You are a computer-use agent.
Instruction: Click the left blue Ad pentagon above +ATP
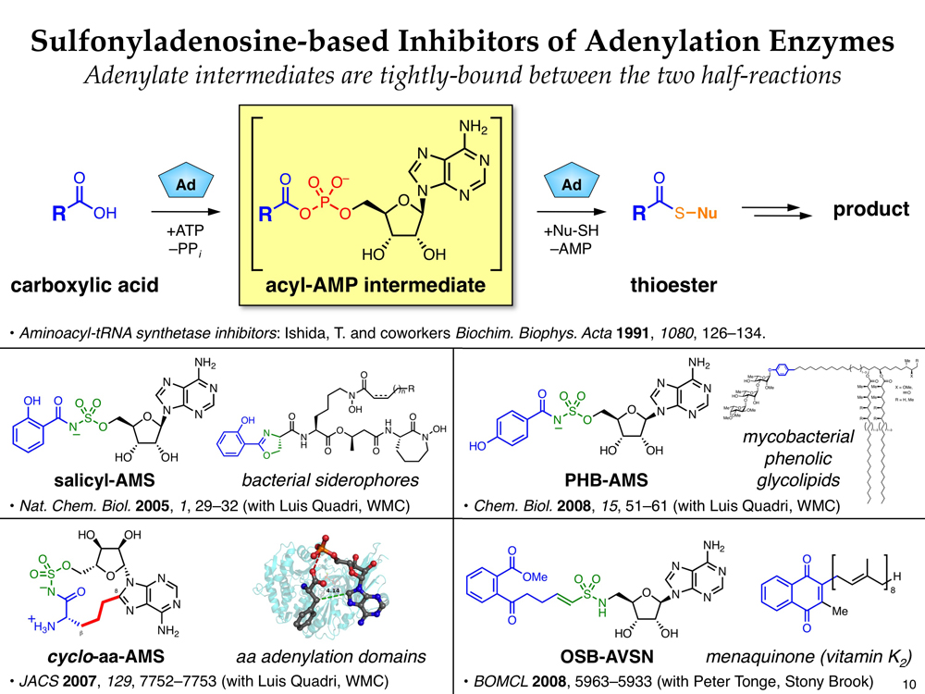[x=181, y=185]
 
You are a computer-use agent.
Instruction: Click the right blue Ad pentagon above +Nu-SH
[x=572, y=185]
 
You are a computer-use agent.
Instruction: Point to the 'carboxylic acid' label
[x=82, y=285]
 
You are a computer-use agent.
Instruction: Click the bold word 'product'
[x=871, y=209]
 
